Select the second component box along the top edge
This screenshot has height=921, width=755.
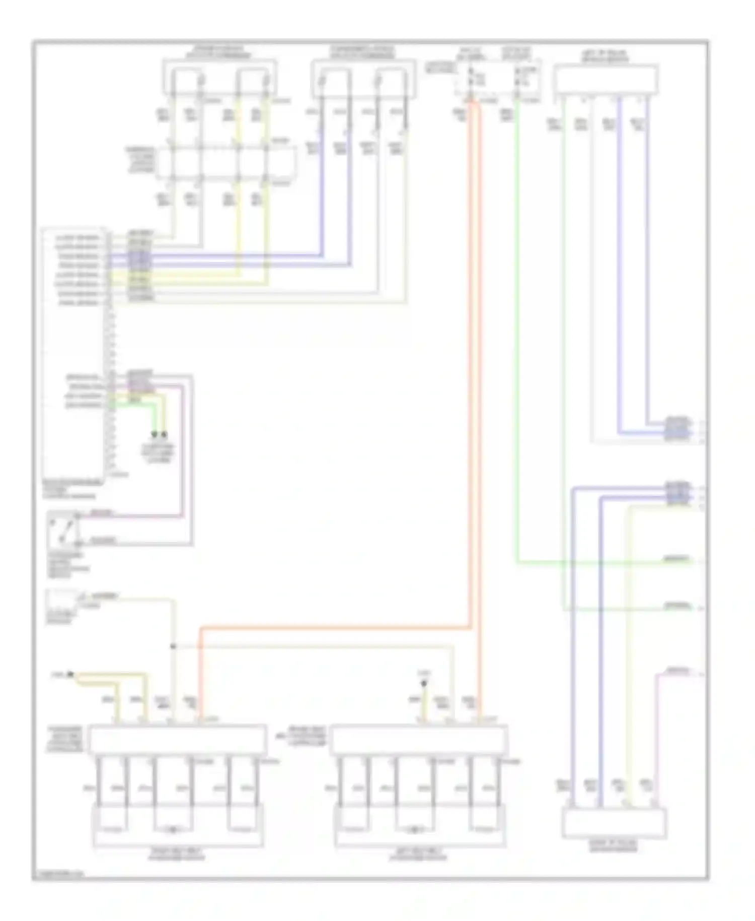click(x=363, y=78)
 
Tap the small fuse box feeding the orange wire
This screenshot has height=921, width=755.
click(x=498, y=78)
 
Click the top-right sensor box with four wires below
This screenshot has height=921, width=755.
click(x=606, y=80)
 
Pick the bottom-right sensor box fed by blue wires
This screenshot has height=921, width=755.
click(x=614, y=823)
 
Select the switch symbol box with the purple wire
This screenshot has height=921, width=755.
click(x=63, y=530)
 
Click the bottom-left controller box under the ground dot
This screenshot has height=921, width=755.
click(x=177, y=739)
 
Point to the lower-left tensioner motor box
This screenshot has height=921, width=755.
click(x=178, y=825)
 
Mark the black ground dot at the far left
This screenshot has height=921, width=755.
click(x=70, y=674)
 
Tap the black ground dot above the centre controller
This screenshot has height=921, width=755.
click(x=424, y=684)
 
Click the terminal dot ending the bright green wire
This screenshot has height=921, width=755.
click(x=155, y=434)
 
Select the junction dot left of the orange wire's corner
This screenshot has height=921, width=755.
click(x=173, y=646)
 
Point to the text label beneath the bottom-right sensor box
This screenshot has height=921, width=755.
click(x=614, y=846)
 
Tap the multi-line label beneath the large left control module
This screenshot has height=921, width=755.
click(x=70, y=489)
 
